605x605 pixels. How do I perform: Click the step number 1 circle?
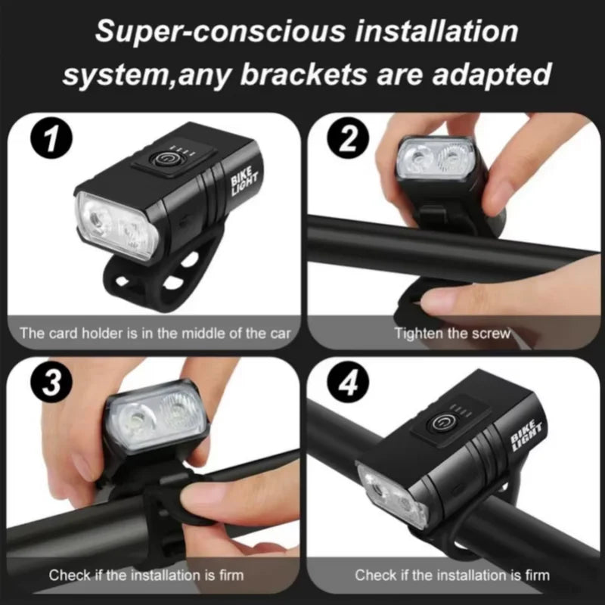coord(51,138)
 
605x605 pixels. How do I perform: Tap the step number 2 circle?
coord(348,138)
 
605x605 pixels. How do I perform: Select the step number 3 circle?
coord(51,382)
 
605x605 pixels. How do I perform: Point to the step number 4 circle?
coord(348,382)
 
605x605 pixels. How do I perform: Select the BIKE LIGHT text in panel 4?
coord(526,436)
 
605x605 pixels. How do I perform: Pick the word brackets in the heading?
coord(303,74)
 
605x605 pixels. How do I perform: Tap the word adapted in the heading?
coord(492,75)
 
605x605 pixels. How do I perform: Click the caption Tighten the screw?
coord(452,333)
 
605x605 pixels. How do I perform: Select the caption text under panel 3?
coord(146,575)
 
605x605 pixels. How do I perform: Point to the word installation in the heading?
coord(436,32)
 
